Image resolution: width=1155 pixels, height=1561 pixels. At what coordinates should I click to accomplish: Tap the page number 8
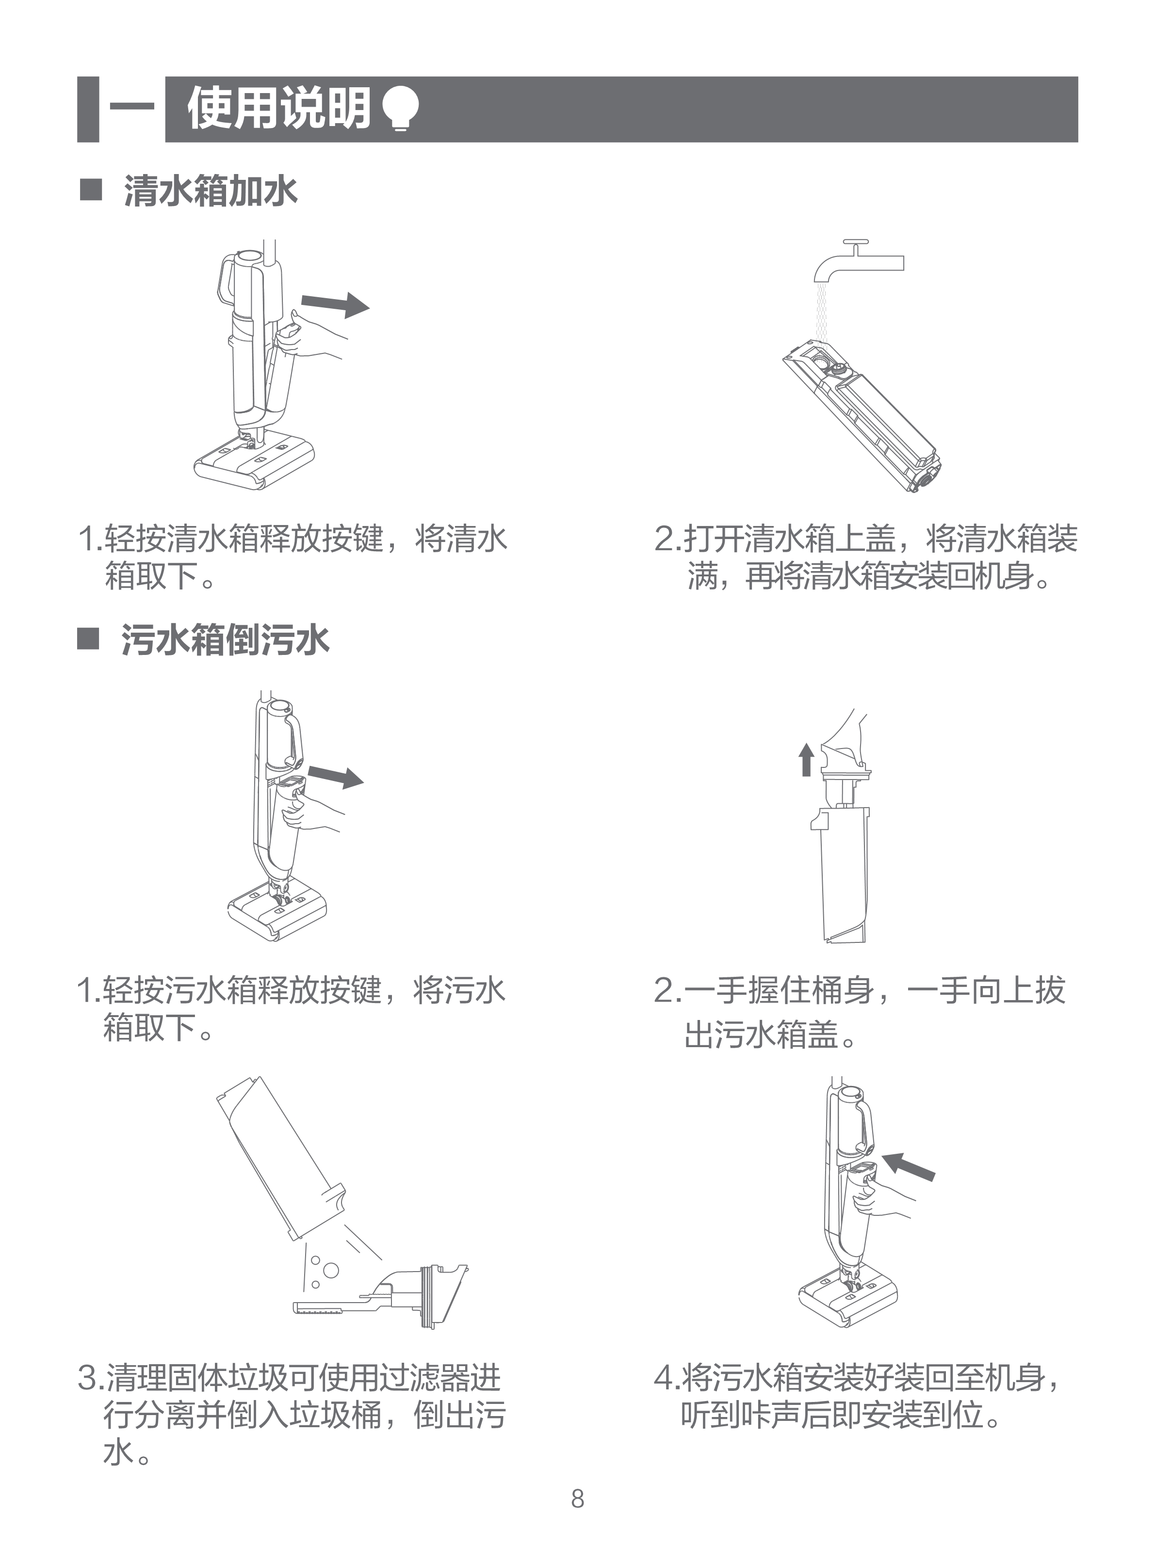pos(577,1498)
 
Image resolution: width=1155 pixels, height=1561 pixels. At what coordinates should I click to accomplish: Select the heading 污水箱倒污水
pos(225,639)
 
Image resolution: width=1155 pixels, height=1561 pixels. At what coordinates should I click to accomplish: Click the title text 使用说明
pos(278,109)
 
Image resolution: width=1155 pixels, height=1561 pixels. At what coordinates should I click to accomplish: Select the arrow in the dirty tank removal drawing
pos(336,776)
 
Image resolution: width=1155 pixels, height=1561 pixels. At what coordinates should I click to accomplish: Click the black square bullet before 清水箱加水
pos(91,190)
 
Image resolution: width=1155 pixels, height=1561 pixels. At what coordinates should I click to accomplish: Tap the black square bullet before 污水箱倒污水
pos(88,638)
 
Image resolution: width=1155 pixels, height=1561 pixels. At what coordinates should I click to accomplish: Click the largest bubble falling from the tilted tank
pos(331,1270)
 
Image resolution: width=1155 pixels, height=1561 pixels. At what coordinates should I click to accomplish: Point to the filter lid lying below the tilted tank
pos(381,1299)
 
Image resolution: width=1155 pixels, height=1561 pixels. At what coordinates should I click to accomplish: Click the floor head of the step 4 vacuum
pos(847,1298)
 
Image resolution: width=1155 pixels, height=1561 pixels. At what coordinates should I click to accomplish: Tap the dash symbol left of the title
pos(132,108)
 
